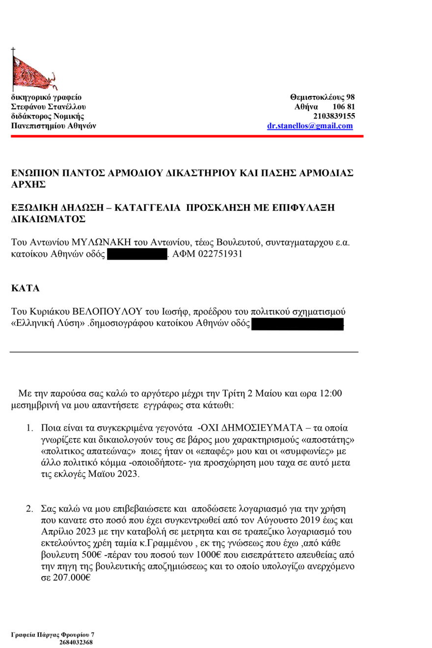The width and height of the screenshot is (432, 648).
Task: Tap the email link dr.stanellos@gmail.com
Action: click(310, 126)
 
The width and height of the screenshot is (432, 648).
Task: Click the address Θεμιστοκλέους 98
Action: click(323, 97)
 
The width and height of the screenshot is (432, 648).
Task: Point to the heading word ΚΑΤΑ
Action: click(25, 289)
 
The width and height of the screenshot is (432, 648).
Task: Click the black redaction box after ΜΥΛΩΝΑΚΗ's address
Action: click(137, 255)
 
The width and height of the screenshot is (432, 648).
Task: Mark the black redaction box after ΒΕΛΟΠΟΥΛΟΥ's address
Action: click(297, 324)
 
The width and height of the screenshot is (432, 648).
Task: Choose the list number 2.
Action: click(29, 507)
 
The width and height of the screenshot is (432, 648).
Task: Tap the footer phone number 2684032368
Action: click(76, 642)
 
